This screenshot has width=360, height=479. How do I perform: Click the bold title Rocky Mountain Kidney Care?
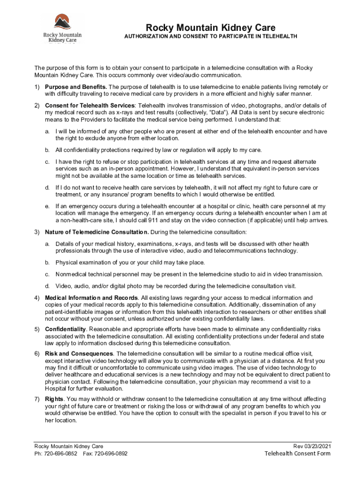pyautogui.click(x=210, y=28)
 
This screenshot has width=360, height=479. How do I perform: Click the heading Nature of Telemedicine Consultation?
pyautogui.click(x=97, y=232)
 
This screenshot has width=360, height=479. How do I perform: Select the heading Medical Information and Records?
pyautogui.click(x=91, y=298)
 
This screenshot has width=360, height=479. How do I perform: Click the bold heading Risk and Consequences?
pyautogui.click(x=79, y=354)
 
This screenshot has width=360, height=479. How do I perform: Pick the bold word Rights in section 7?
pyautogui.click(x=54, y=399)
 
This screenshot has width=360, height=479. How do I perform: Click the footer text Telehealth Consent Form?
pyautogui.click(x=297, y=453)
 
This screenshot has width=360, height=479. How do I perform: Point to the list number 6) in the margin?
pyautogui.click(x=36, y=354)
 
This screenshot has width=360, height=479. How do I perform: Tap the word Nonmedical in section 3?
pyautogui.click(x=71, y=274)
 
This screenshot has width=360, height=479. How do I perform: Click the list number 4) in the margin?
pyautogui.click(x=36, y=298)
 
